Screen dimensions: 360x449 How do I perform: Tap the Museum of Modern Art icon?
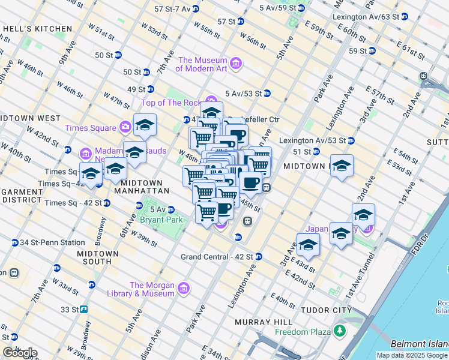click(x=235, y=64)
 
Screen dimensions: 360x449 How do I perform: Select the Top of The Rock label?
click(x=171, y=103)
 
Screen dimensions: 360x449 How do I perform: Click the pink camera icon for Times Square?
click(x=125, y=127)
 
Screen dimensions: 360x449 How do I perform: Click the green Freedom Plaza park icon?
click(x=340, y=331)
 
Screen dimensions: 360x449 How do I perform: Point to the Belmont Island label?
click(x=419, y=344)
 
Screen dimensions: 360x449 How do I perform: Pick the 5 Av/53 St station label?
click(x=243, y=93)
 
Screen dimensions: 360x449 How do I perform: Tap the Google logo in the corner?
click(x=20, y=353)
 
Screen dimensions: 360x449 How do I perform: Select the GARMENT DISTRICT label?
click(x=22, y=196)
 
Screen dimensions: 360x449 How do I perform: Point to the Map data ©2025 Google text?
click(x=411, y=355)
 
